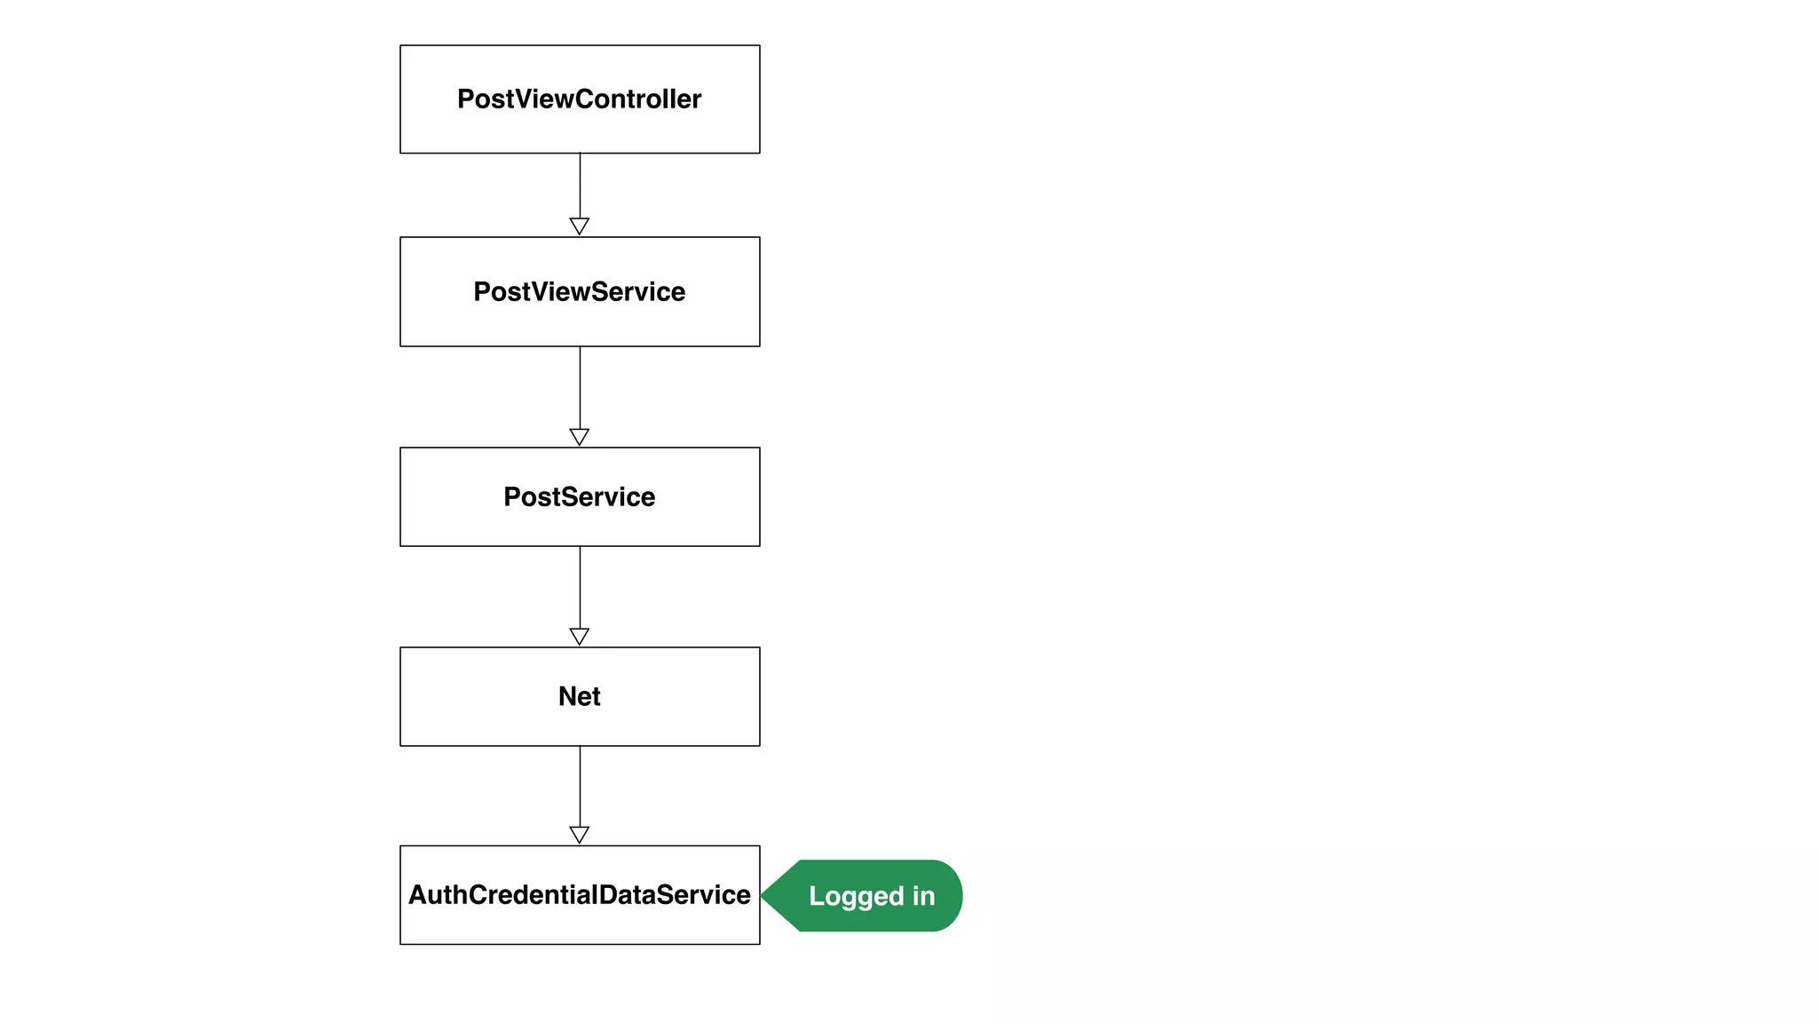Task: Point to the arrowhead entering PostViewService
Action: (x=580, y=226)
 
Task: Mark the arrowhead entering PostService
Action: (x=580, y=436)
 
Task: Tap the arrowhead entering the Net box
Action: (x=580, y=636)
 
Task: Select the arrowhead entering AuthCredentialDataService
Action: (x=580, y=834)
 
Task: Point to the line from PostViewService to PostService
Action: (x=580, y=387)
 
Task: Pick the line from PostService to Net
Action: (x=580, y=587)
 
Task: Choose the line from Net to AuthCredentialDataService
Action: (x=580, y=786)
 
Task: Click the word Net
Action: (x=580, y=696)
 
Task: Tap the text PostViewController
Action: (x=580, y=99)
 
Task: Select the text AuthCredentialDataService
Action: (x=580, y=895)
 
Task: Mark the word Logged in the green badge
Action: (x=848, y=896)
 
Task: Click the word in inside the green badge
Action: (x=923, y=896)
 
